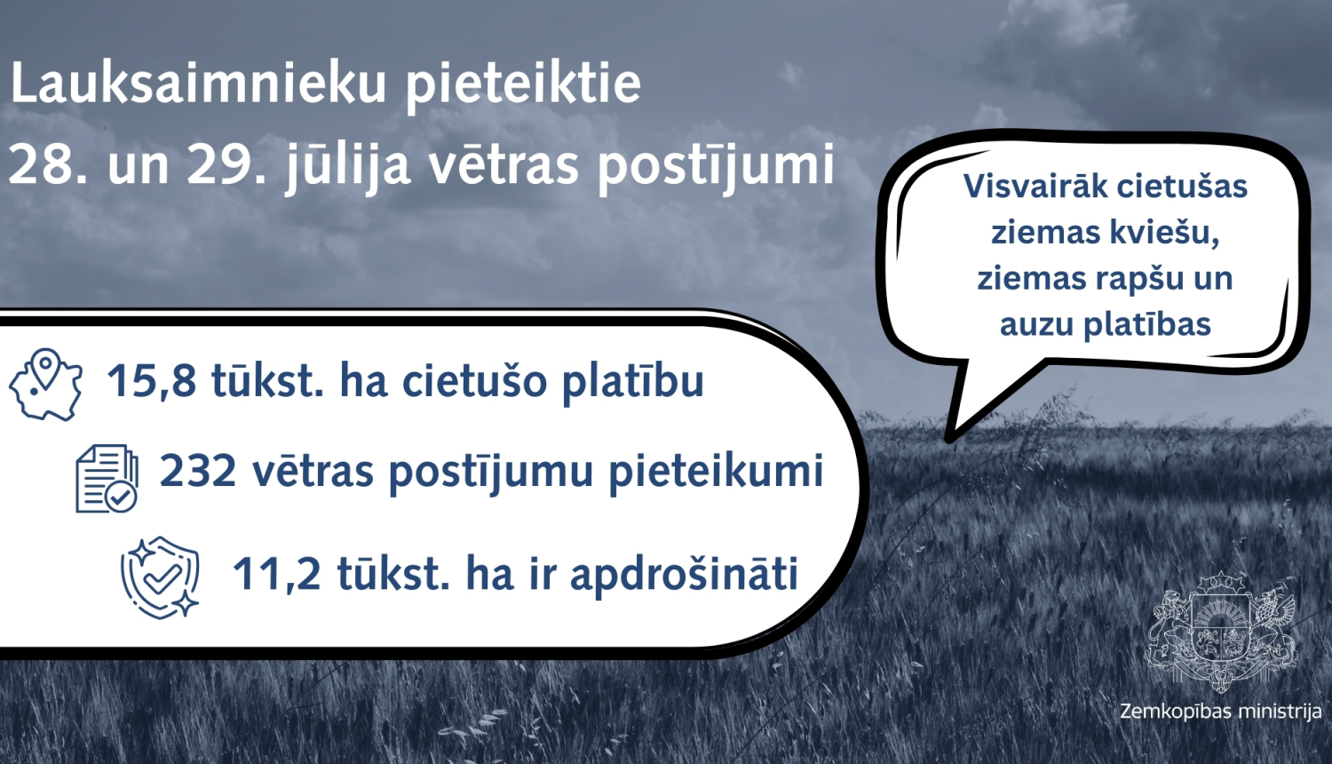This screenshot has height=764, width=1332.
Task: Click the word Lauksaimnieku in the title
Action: (198, 84)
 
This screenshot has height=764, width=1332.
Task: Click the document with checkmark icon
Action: (107, 479)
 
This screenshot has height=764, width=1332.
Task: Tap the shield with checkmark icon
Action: (161, 577)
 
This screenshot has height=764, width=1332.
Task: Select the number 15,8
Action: (151, 381)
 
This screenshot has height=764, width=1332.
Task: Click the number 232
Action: (198, 471)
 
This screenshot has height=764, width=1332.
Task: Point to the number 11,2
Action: (276, 574)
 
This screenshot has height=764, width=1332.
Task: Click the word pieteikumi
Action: (716, 472)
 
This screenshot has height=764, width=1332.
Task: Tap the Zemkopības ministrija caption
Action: (1220, 712)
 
